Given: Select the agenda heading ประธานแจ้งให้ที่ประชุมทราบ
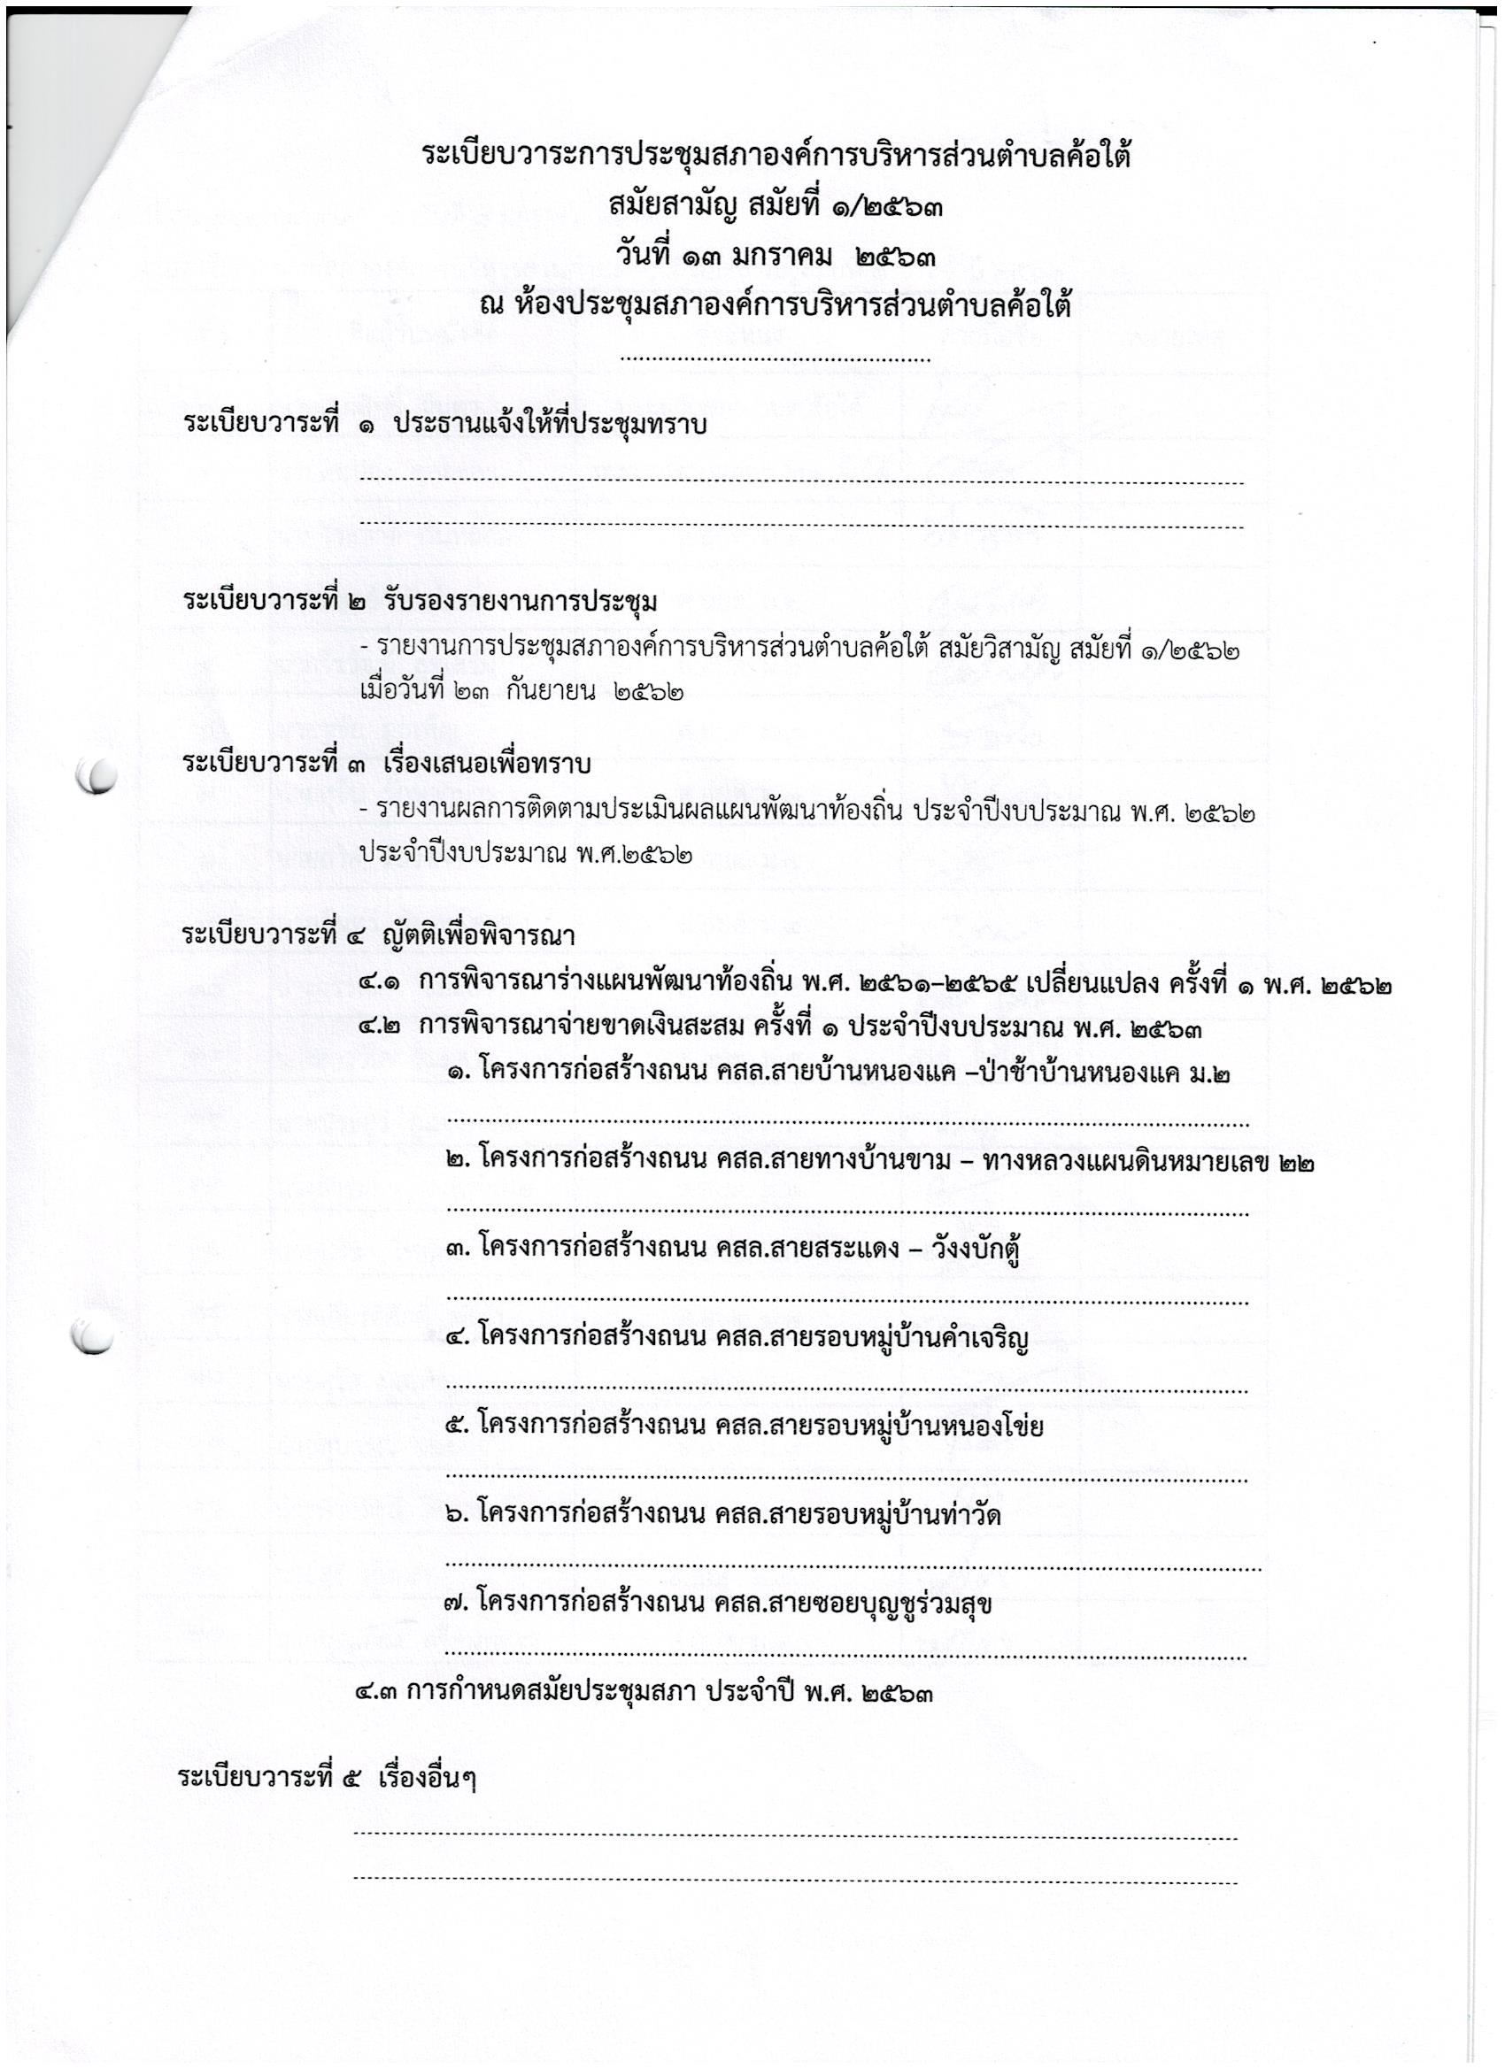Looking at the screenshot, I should [551, 425].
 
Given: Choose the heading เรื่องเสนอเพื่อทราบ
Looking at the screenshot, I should [488, 765].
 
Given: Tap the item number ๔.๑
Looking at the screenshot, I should [381, 984].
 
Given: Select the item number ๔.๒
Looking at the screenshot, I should [381, 1029].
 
